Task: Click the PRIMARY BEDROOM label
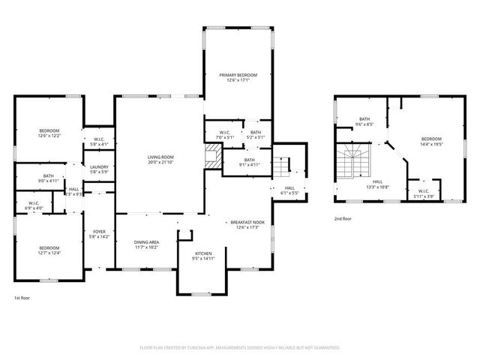pyautogui.click(x=238, y=75)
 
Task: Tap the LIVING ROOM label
pyautogui.click(x=160, y=157)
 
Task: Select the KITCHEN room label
pyautogui.click(x=203, y=253)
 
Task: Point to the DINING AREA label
pyautogui.click(x=145, y=242)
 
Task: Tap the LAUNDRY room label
pyautogui.click(x=99, y=167)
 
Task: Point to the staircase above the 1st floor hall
pyautogui.click(x=281, y=164)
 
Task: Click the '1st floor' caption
pyautogui.click(x=21, y=298)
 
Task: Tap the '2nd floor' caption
pyautogui.click(x=343, y=219)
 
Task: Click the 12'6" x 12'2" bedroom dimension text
pyautogui.click(x=49, y=136)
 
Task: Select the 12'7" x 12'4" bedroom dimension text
pyautogui.click(x=49, y=253)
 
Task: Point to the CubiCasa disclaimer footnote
pyautogui.click(x=239, y=348)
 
